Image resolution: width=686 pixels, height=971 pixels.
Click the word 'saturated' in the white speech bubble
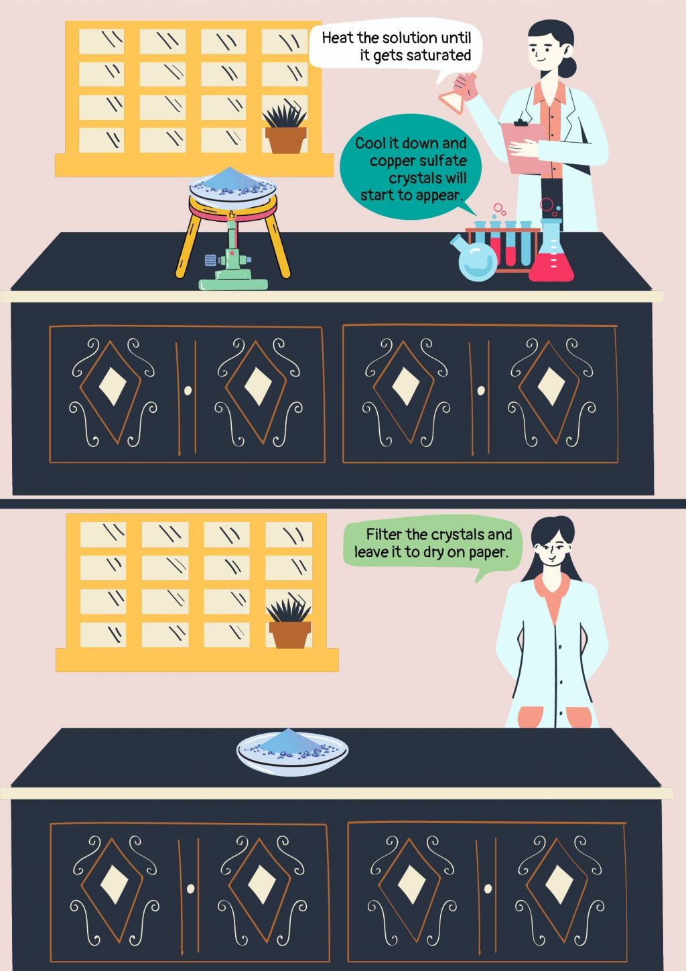(438, 56)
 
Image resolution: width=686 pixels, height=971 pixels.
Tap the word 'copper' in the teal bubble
(392, 161)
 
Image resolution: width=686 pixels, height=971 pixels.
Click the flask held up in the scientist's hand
(457, 93)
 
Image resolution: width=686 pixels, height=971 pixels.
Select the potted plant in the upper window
(285, 130)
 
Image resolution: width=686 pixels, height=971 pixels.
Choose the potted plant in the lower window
(289, 625)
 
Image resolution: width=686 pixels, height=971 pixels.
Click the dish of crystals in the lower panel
(292, 752)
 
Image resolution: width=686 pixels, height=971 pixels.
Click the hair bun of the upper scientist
(569, 67)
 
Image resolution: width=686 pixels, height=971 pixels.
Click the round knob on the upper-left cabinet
(188, 390)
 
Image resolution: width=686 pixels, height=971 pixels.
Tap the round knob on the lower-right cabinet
(488, 889)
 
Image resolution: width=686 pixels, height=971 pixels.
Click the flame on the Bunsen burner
(232, 216)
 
